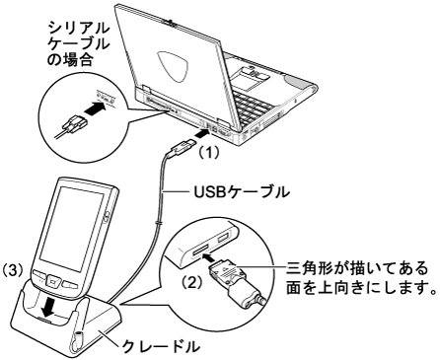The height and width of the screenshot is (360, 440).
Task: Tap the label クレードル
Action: [x=161, y=346]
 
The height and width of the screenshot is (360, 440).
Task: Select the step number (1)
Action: [x=207, y=153]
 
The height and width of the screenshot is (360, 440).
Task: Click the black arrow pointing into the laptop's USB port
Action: [x=201, y=134]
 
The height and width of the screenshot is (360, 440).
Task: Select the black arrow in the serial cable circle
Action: [x=96, y=108]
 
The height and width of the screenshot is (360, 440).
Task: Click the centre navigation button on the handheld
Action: [x=52, y=280]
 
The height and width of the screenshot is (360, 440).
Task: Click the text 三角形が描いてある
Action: [x=357, y=269]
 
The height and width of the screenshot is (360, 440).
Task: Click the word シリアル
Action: [x=79, y=28]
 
